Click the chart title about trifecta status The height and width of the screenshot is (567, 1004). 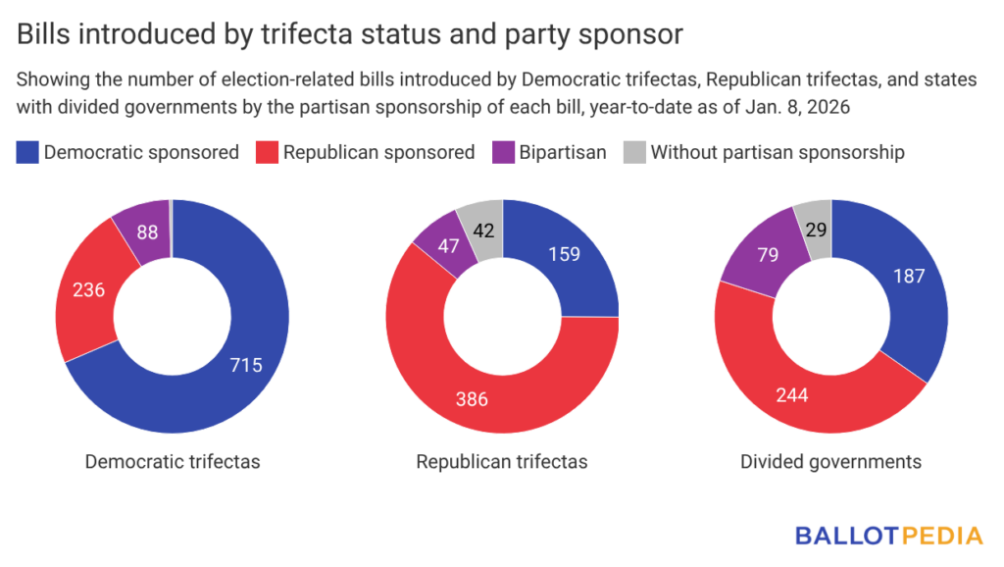(349, 34)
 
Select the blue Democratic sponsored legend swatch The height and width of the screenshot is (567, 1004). (27, 152)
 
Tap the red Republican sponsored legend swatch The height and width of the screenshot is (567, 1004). (267, 152)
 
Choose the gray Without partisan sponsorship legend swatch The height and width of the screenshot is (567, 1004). (634, 152)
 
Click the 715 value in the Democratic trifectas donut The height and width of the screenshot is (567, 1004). (245, 365)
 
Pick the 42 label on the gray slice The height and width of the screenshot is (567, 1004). (481, 232)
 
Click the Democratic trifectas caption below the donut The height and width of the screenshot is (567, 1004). (173, 461)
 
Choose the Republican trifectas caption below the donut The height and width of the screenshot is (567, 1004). (502, 461)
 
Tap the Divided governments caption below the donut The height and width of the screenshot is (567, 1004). (831, 461)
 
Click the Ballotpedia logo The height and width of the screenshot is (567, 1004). (888, 536)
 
